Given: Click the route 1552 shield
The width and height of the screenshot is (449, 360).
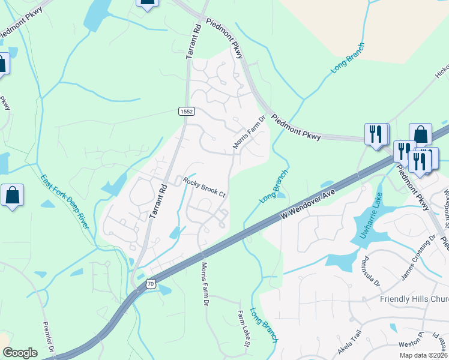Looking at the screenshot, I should [185, 111].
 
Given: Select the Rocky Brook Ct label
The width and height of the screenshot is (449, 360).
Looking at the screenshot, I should [204, 187].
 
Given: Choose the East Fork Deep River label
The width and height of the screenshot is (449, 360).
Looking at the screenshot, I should [64, 201].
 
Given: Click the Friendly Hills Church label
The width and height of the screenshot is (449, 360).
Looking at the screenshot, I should [414, 299].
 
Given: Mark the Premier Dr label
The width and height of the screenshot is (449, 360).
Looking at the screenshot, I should [49, 339].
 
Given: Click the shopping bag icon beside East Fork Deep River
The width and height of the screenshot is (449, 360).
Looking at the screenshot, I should [12, 196].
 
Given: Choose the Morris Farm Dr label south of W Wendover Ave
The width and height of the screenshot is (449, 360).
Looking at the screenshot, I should [205, 284].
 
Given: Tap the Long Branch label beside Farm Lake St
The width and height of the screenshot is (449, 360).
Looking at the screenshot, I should [264, 325].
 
